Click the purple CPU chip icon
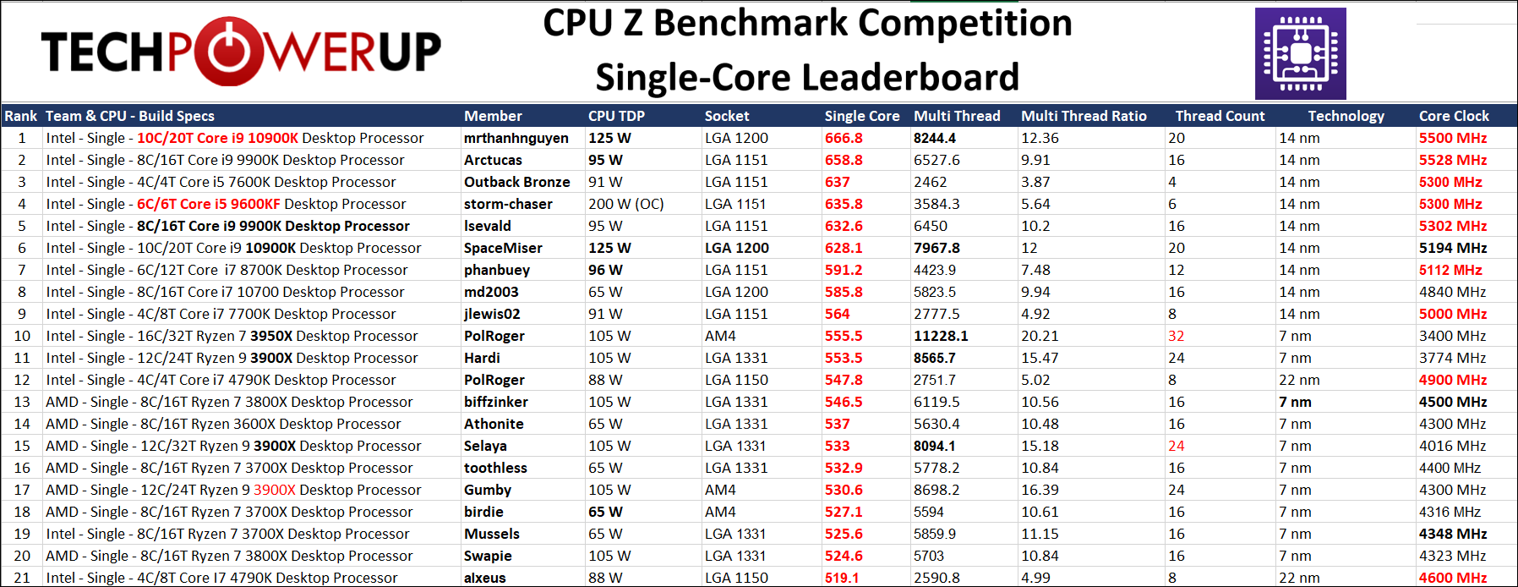[x=1300, y=54]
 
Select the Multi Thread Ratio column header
[x=1084, y=116]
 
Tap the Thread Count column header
[x=1220, y=116]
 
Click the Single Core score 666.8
[x=844, y=138]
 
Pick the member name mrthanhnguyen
[x=516, y=138]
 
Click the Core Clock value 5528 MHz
[x=1453, y=160]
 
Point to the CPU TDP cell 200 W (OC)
[x=625, y=204]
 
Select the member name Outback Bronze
[x=516, y=182]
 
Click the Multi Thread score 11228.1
[x=941, y=336]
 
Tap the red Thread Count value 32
[x=1176, y=336]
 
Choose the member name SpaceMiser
[x=503, y=248]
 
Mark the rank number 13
[x=22, y=402]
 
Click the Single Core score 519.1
[x=842, y=578]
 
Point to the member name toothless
[x=495, y=468]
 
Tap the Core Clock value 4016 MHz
[x=1452, y=446]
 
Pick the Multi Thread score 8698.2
[x=936, y=490]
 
